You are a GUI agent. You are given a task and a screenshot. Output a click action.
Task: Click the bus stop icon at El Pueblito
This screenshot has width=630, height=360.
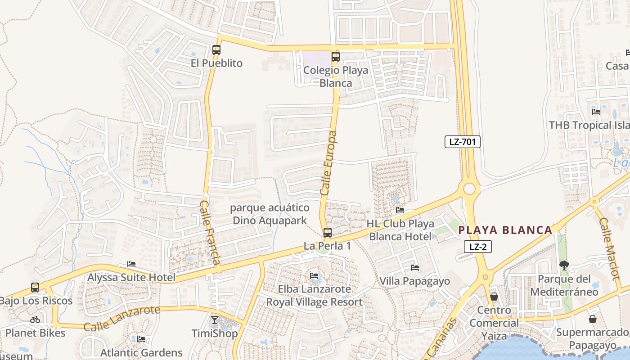(216, 50)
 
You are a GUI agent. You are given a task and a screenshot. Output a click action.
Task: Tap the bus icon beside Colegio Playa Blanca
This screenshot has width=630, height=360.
(335, 57)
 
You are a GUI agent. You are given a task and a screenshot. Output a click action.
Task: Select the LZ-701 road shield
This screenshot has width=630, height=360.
(463, 142)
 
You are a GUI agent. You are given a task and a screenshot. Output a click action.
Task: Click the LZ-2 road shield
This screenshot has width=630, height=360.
(478, 247)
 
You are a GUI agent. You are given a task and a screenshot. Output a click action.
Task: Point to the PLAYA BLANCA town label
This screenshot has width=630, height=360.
(505, 230)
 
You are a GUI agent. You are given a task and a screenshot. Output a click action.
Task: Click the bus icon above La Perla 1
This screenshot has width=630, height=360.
(328, 233)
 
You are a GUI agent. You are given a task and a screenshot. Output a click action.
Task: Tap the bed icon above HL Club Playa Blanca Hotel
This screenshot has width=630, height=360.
(400, 210)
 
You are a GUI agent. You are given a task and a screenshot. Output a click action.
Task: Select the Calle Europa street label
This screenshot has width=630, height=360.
(329, 163)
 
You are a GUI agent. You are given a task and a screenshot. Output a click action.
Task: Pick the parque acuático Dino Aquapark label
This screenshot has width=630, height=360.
(270, 214)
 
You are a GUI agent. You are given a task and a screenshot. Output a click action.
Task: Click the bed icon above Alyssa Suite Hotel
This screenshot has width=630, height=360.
(131, 264)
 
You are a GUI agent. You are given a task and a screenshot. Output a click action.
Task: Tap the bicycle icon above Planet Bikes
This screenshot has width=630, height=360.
(35, 319)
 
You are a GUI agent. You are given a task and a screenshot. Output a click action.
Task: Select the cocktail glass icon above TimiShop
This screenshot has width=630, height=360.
(215, 320)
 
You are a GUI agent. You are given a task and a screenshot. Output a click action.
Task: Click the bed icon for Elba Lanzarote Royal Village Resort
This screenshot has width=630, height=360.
(314, 276)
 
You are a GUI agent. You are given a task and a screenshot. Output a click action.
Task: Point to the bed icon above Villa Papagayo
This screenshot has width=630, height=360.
(415, 268)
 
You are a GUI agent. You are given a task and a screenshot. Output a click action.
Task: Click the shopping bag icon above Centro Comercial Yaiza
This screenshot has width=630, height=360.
(494, 297)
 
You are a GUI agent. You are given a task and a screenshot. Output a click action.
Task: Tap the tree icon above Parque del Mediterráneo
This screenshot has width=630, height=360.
(564, 265)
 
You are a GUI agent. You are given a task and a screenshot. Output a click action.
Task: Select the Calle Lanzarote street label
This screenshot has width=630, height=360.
(121, 318)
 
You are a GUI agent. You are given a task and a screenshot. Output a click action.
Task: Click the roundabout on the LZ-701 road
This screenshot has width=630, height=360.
(469, 188)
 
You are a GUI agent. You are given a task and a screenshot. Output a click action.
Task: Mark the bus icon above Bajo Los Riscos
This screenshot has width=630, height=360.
(35, 288)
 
